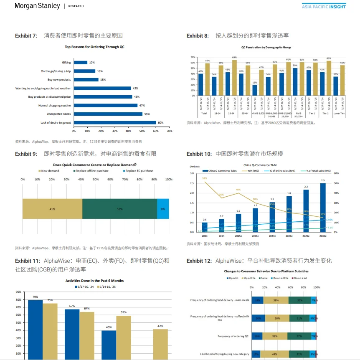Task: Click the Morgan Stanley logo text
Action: [x=37, y=6]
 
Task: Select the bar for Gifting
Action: [x=81, y=63]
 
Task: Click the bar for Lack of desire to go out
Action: [x=115, y=122]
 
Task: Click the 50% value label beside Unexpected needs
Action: [x=146, y=114]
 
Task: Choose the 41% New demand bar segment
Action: [x=52, y=208]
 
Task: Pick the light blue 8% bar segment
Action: [x=163, y=208]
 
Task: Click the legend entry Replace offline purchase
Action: [x=91, y=171]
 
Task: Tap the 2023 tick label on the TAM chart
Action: [x=205, y=236]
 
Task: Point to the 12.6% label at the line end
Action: [x=330, y=220]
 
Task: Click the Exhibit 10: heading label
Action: [x=199, y=154]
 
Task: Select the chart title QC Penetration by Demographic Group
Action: [x=266, y=48]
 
